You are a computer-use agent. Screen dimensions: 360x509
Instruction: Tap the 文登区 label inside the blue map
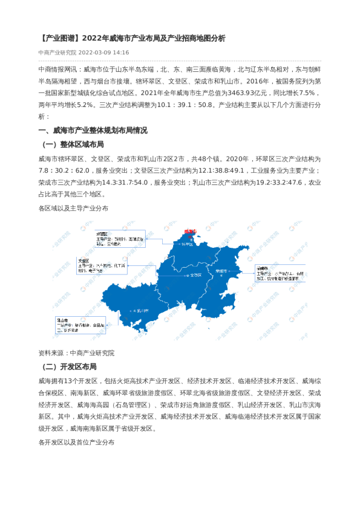click(195, 274)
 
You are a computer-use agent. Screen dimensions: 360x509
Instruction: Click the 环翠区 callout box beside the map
click(120, 239)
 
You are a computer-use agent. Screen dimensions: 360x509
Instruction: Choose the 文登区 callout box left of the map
click(102, 266)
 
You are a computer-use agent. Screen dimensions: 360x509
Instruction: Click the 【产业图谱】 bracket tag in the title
click(58, 38)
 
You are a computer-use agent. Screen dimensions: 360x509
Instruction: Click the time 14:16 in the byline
click(120, 53)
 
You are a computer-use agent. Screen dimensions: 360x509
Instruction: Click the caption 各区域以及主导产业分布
click(73, 207)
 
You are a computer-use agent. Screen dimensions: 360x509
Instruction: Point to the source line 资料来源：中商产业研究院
click(76, 352)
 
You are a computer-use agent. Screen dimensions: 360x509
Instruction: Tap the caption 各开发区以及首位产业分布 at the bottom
click(76, 442)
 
